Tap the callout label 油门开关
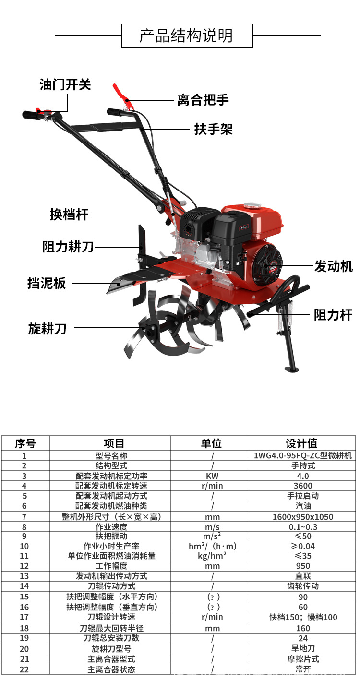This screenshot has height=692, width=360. point(65,85)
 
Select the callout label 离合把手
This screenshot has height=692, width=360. point(203,100)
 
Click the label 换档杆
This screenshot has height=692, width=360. point(69,214)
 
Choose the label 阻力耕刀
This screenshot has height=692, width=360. point(68,247)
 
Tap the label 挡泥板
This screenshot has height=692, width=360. point(47,283)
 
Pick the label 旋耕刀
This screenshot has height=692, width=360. point(47,329)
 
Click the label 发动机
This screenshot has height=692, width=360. point(333,266)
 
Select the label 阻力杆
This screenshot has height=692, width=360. point(333,315)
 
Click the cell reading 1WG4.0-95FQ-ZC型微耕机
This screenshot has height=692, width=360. point(302,456)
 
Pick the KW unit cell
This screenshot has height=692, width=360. point(212,476)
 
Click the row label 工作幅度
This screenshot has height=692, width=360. point(111,566)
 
